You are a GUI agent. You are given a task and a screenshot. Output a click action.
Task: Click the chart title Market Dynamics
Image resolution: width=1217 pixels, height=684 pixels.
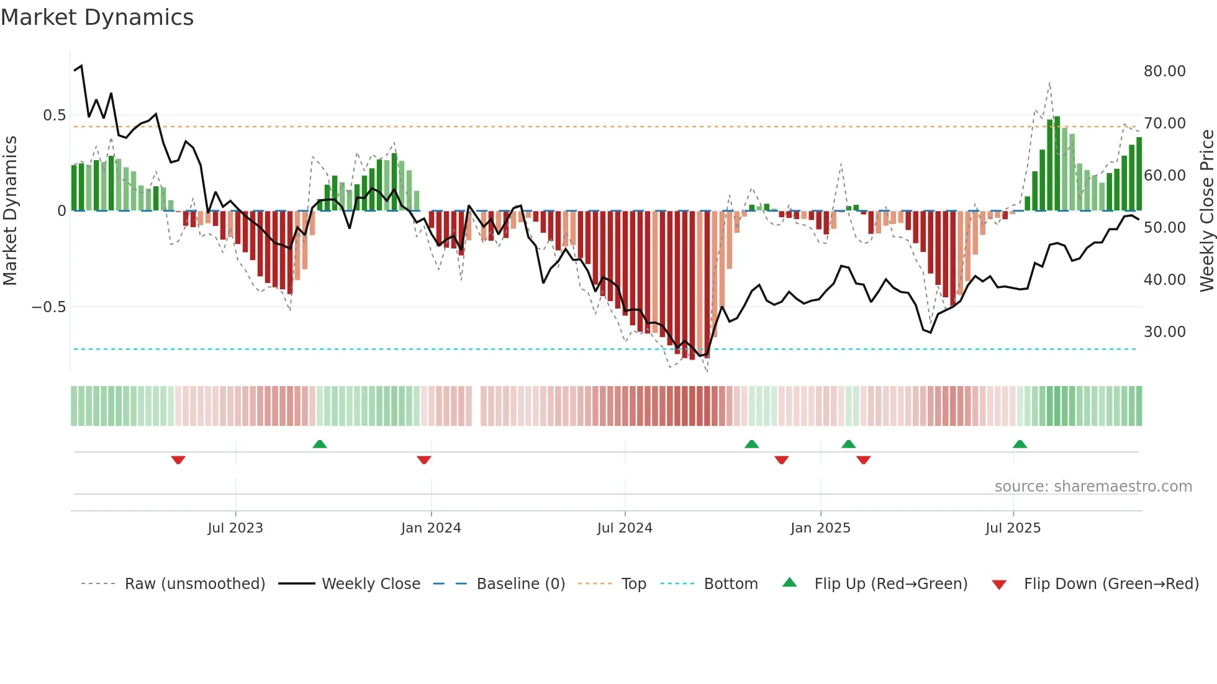pyautogui.click(x=97, y=17)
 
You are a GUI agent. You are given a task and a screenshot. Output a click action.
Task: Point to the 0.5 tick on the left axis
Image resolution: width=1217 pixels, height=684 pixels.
pyautogui.click(x=54, y=115)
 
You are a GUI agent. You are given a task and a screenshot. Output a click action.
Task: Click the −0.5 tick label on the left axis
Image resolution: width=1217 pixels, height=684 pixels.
pyautogui.click(x=48, y=307)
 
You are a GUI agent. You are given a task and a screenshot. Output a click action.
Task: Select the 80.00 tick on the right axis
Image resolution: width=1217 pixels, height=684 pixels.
pyautogui.click(x=1164, y=71)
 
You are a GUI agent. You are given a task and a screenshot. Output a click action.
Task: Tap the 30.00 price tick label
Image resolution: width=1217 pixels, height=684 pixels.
pyautogui.click(x=1164, y=332)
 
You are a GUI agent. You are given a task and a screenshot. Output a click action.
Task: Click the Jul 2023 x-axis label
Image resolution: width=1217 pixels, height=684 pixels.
pyautogui.click(x=235, y=528)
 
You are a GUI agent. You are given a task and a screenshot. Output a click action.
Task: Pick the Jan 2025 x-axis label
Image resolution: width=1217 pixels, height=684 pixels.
pyautogui.click(x=820, y=528)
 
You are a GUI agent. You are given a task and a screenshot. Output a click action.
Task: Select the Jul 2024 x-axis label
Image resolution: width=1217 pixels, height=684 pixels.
pyautogui.click(x=625, y=528)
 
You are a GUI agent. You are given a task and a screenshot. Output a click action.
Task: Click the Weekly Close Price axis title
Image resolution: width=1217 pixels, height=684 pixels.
pyautogui.click(x=1206, y=211)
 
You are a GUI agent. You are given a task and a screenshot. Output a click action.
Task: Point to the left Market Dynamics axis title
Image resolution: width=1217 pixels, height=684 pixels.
pyautogui.click(x=10, y=211)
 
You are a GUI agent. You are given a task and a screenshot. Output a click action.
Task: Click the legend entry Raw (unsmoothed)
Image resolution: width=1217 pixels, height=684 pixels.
pyautogui.click(x=194, y=584)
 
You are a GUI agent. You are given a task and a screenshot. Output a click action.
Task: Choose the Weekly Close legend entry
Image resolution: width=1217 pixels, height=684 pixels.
pyautogui.click(x=371, y=584)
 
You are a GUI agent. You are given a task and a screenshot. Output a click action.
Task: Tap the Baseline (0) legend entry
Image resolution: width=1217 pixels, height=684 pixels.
pyautogui.click(x=520, y=584)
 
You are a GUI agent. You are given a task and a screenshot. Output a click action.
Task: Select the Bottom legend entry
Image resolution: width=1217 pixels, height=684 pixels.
pyautogui.click(x=730, y=584)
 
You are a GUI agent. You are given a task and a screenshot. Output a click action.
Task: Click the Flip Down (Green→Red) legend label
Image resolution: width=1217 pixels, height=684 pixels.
pyautogui.click(x=1111, y=584)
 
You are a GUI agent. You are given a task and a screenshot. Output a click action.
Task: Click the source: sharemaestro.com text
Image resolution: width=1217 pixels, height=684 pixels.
pyautogui.click(x=1093, y=487)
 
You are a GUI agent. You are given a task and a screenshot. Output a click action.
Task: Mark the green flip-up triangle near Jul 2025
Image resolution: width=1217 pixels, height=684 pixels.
pyautogui.click(x=1020, y=444)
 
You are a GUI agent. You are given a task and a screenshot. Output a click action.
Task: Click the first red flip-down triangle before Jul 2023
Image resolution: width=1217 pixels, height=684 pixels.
pyautogui.click(x=178, y=460)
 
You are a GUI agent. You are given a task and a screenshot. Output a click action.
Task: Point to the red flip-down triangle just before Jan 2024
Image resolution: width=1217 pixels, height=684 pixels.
pyautogui.click(x=424, y=460)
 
